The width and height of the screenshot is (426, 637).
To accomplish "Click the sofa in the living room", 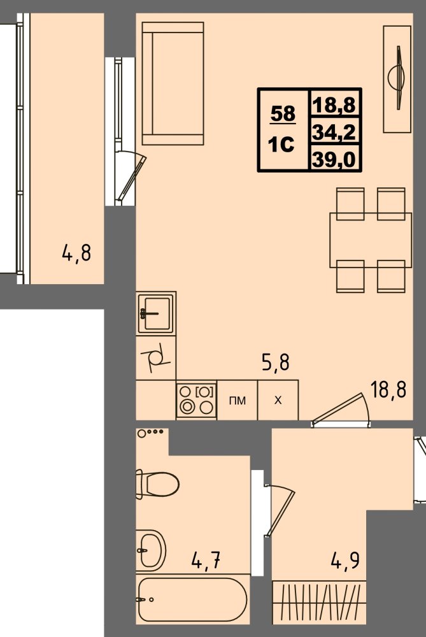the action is [173, 83].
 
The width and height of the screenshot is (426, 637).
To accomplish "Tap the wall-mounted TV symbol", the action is [397, 78].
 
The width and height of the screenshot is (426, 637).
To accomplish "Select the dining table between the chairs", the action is [371, 240].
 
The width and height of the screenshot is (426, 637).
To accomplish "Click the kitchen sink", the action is [156, 313].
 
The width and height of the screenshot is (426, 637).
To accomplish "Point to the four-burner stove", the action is [197, 400].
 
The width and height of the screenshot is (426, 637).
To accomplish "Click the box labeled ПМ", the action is [238, 400].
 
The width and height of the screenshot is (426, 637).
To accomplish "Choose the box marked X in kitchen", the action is [278, 400].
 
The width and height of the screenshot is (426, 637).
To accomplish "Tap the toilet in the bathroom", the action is [157, 484].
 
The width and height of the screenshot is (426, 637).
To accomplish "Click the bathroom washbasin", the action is [151, 550].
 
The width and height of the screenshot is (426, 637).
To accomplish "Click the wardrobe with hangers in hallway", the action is [319, 602].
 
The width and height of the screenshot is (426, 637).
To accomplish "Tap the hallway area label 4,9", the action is [346, 561].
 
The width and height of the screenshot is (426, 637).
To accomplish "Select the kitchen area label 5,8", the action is [276, 362].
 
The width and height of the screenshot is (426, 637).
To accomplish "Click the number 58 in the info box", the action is [283, 114].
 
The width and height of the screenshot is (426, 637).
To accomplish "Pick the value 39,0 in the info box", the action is [334, 159].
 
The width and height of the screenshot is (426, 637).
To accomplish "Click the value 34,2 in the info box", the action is [334, 132].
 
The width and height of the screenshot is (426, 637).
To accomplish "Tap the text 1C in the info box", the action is [281, 144].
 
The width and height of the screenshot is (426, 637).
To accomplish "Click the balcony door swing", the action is [131, 176].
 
